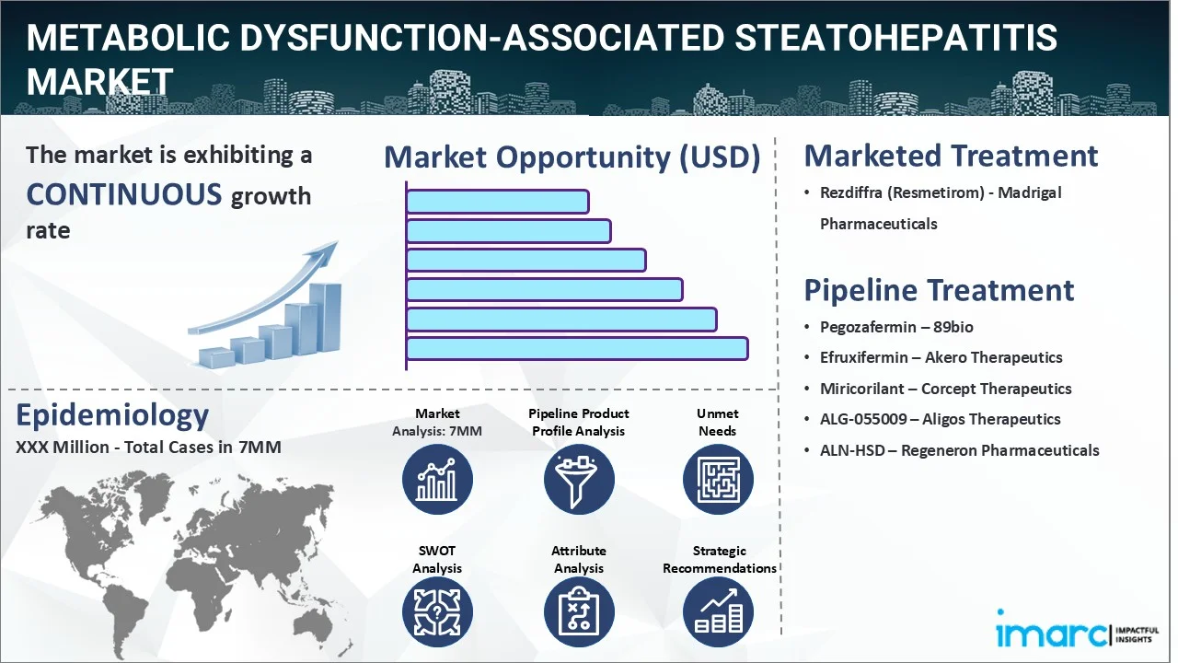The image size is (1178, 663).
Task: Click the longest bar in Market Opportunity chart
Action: pos(576,348)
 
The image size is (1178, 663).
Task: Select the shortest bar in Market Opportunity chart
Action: pos(497,201)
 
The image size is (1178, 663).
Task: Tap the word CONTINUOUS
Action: pos(124,194)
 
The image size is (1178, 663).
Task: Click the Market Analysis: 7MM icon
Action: pos(437,480)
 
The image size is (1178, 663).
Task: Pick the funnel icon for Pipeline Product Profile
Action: pos(578,480)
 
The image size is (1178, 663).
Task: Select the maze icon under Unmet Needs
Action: pos(718,480)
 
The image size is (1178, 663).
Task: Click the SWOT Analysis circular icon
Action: pos(437,613)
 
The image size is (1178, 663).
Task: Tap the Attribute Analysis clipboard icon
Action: pos(578,613)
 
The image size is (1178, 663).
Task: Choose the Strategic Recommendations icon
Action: pos(718,613)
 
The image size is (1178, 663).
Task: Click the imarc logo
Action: pos(1053,634)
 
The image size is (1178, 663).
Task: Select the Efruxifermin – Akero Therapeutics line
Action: pos(941,357)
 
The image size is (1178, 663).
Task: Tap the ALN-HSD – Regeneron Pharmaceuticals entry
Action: pos(959,450)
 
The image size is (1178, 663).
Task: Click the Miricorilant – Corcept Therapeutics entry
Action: pos(945,389)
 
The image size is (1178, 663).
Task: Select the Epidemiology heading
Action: pos(112,415)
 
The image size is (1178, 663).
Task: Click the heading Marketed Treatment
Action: pos(951,156)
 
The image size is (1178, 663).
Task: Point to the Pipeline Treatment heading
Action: pos(939,290)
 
